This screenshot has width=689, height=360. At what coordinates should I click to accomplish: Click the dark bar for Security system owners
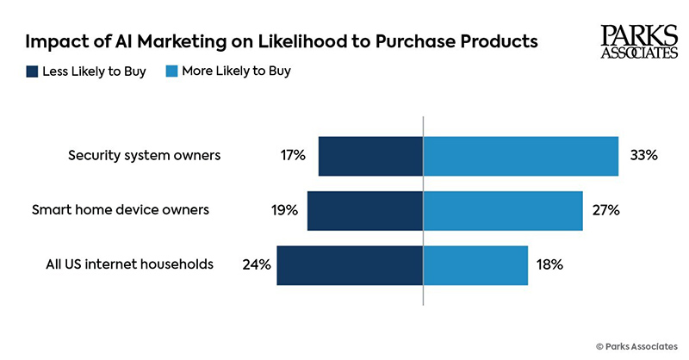click(x=370, y=156)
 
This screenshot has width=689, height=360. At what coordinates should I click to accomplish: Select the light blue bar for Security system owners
click(x=521, y=156)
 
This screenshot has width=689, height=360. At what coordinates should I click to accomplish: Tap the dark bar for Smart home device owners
click(x=364, y=210)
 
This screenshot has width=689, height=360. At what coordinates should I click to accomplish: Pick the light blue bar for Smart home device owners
click(x=503, y=210)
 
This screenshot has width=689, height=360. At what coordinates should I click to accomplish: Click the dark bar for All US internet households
click(x=350, y=264)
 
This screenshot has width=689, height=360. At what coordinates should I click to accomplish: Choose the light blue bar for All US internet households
click(x=475, y=264)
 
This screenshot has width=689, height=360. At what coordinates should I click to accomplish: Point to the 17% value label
click(x=293, y=156)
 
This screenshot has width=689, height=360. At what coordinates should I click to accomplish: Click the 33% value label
click(x=643, y=156)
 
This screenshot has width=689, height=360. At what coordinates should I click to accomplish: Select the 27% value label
click(x=606, y=210)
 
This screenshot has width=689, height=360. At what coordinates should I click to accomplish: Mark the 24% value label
click(x=258, y=264)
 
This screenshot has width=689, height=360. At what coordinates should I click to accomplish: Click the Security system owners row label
click(x=145, y=156)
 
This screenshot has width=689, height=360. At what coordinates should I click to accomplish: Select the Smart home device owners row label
click(x=121, y=209)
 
